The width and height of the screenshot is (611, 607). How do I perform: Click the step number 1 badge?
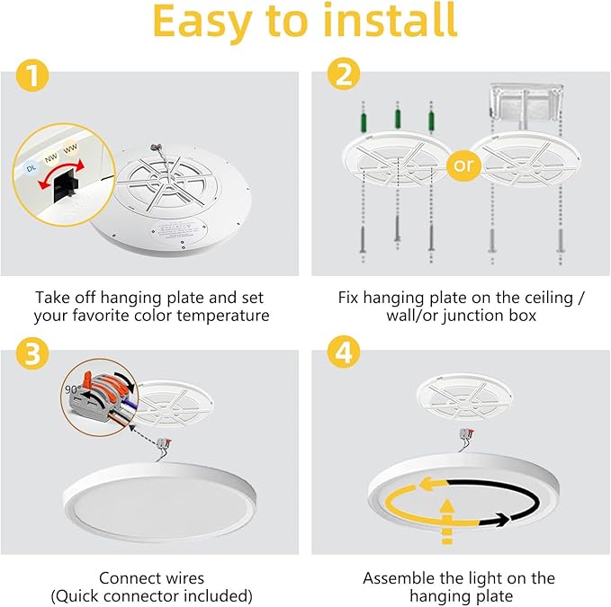(32, 78)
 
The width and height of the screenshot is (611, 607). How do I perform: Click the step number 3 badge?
(32, 353)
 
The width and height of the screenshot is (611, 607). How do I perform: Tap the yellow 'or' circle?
(463, 165)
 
